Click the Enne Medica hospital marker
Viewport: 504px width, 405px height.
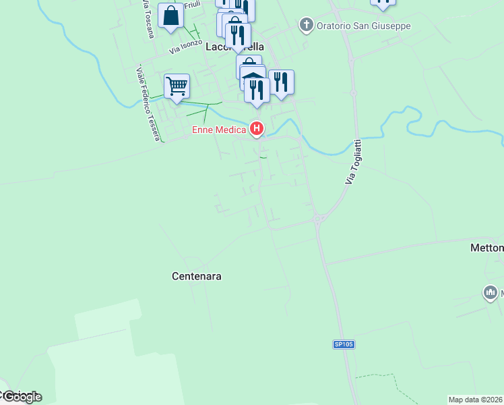pos(256,128)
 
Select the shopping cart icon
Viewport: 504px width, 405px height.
pos(177,86)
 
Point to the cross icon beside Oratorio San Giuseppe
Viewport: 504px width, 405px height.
pos(306,26)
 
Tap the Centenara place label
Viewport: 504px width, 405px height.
pos(197,276)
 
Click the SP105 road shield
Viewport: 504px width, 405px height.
pos(343,344)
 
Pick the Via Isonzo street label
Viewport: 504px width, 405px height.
pos(185,47)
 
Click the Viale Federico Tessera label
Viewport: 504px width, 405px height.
pos(148,103)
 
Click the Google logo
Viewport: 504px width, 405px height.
pos(22,397)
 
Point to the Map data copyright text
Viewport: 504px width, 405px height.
pos(475,399)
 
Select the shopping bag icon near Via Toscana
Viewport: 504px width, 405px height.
pos(171,16)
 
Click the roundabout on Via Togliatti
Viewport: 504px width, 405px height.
pos(317,218)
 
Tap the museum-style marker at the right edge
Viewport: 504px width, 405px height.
pos(490,292)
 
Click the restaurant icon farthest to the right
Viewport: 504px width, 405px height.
pos(281,82)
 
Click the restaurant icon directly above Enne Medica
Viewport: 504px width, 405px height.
pos(257,90)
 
